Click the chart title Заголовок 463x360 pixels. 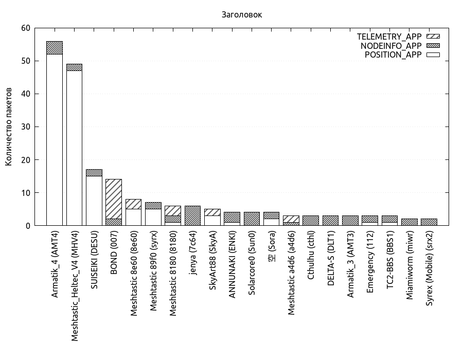point(241,15)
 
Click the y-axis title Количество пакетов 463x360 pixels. point(9,127)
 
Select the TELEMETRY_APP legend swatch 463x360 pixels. point(433,37)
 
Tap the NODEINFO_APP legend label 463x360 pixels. point(391,46)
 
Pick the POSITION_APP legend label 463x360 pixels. point(393,55)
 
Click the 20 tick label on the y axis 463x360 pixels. point(25,160)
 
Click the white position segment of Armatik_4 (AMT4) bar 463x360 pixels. point(55,139)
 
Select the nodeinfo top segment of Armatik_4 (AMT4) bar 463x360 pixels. point(55,48)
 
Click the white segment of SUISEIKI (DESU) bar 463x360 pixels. point(94,201)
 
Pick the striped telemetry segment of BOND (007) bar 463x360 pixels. point(114,199)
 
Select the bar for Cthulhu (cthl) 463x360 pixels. point(311,221)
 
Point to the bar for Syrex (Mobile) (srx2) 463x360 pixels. point(429,222)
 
